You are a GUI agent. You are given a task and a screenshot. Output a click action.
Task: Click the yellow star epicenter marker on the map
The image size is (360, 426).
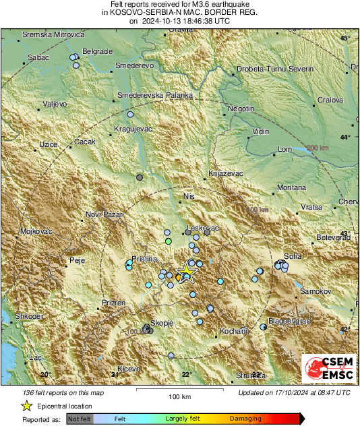pos(185,273)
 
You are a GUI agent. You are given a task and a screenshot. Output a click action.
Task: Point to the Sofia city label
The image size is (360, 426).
pos(293,256)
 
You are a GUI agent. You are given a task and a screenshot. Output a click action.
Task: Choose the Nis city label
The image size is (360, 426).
pos(188,197)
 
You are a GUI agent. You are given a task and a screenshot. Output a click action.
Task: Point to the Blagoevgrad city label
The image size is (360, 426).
pos(290,321)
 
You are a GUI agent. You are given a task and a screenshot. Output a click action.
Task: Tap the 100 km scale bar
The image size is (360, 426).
pos(178,390)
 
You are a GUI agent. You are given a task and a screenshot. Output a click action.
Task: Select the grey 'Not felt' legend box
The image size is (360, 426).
pos(80,419)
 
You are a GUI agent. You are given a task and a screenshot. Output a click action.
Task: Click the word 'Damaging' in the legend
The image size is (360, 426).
pos(241,419)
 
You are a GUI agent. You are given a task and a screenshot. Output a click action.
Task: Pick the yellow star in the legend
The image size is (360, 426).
pos(27,406)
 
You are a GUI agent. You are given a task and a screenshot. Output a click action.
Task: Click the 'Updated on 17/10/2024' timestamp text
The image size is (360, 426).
pos(294,392)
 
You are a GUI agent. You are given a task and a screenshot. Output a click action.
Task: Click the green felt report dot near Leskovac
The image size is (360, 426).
pos(169,241)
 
